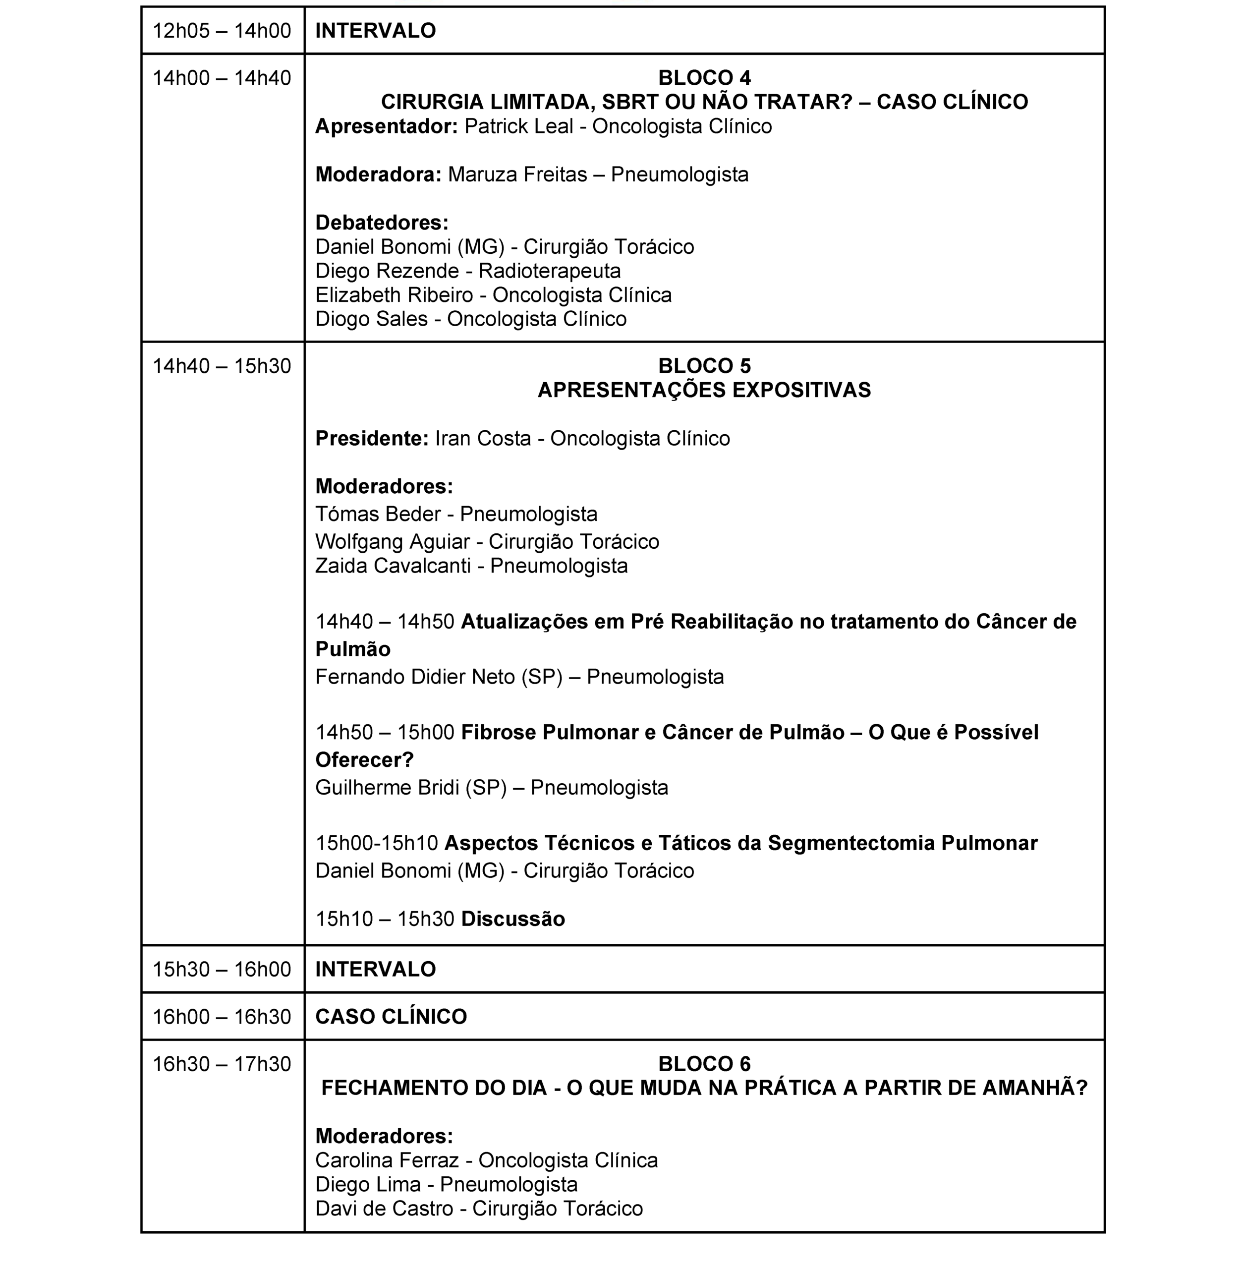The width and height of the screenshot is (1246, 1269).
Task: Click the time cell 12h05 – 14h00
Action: (222, 31)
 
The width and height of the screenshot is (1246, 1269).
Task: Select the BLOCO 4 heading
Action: (704, 78)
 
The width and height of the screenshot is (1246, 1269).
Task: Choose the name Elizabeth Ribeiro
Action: (394, 295)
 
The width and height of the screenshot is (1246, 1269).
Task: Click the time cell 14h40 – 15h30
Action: (222, 366)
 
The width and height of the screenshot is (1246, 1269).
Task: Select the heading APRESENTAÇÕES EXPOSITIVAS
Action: (704, 390)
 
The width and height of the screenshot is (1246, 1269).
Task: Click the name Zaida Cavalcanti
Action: (393, 566)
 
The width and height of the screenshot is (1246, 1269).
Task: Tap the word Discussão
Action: (512, 919)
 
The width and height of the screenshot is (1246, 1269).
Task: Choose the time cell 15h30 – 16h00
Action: (222, 969)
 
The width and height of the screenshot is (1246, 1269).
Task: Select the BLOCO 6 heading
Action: (704, 1063)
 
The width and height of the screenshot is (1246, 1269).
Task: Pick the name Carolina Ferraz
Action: (387, 1160)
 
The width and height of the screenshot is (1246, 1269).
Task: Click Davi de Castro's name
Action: (384, 1208)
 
